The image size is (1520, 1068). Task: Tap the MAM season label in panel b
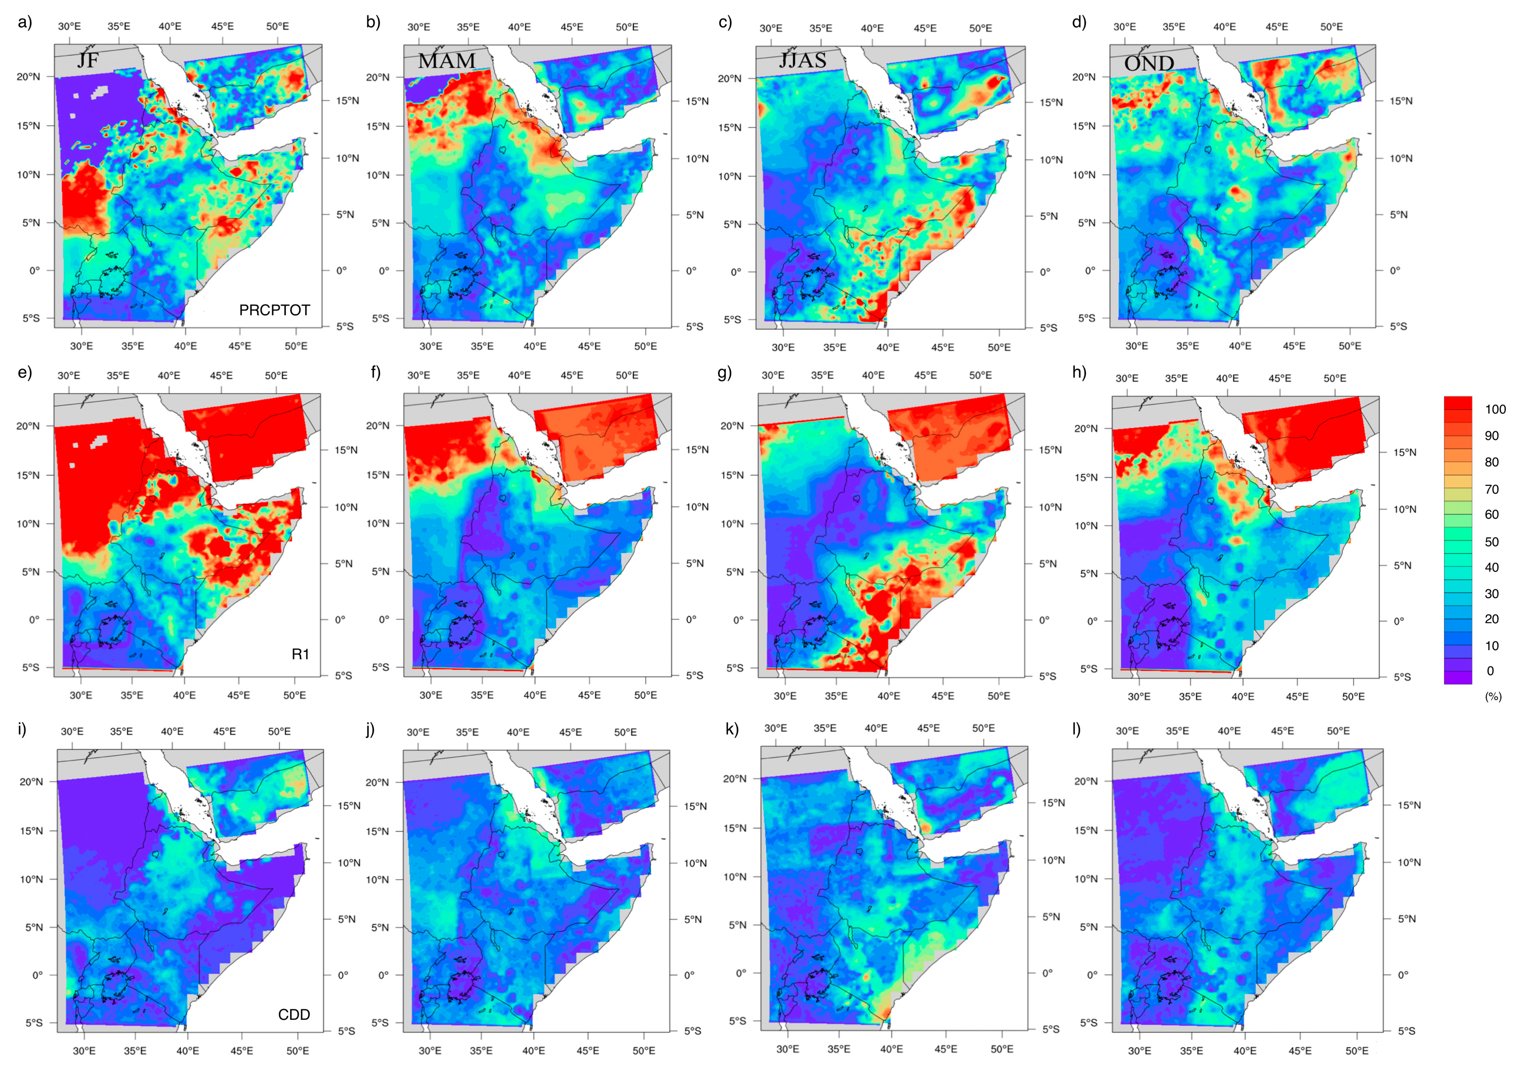click(x=447, y=61)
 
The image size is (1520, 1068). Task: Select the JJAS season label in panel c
click(x=802, y=60)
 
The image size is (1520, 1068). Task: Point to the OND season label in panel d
click(x=1149, y=63)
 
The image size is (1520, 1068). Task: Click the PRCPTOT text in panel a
click(x=274, y=310)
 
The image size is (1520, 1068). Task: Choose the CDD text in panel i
click(x=294, y=1015)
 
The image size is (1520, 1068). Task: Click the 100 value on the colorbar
click(x=1495, y=410)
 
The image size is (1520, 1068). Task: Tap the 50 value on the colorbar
click(x=1491, y=542)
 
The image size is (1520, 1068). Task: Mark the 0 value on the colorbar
click(x=1490, y=671)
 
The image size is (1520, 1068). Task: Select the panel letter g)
click(x=725, y=372)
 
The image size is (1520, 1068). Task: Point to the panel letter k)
click(x=731, y=729)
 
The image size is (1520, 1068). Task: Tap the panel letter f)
click(x=375, y=372)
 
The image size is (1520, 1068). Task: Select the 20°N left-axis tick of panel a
click(x=29, y=77)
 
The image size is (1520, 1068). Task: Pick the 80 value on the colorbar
click(x=1491, y=462)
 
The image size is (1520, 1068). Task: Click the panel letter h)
click(x=1079, y=372)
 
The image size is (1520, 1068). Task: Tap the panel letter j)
click(x=370, y=729)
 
